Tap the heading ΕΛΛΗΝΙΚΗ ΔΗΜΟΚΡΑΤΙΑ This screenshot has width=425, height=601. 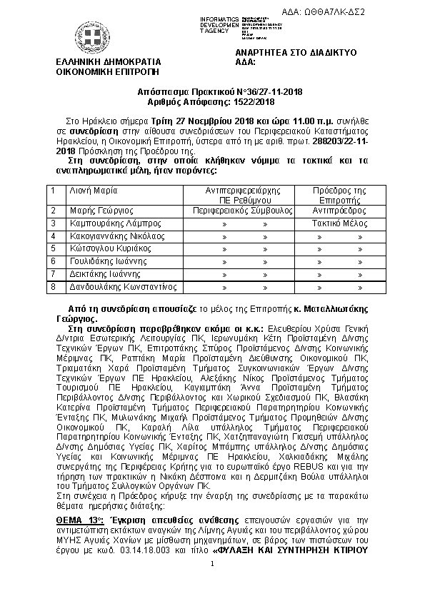(x=108, y=62)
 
